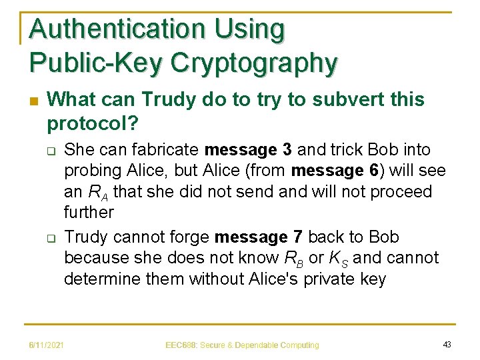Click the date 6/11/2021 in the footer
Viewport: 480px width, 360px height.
point(46,344)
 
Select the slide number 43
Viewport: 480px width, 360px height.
point(447,344)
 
